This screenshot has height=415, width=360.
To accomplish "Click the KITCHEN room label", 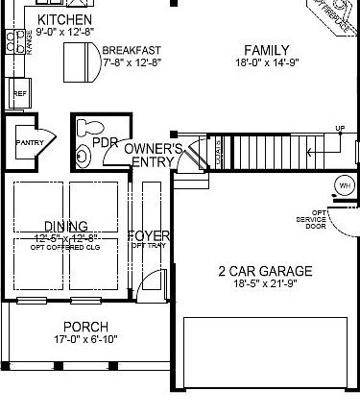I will [64, 20].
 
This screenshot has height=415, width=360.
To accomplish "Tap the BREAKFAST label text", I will [131, 50].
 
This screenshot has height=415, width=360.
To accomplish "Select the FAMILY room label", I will [266, 50].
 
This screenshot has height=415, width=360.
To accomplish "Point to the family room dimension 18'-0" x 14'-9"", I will [266, 64].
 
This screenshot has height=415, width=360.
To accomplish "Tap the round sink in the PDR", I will [84, 154].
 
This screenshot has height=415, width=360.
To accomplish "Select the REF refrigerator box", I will [19, 94].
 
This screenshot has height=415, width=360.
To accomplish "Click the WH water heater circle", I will [343, 184].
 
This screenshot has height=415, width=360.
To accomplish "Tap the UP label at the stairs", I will [340, 129].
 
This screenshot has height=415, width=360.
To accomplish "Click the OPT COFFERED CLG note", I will [64, 247].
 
